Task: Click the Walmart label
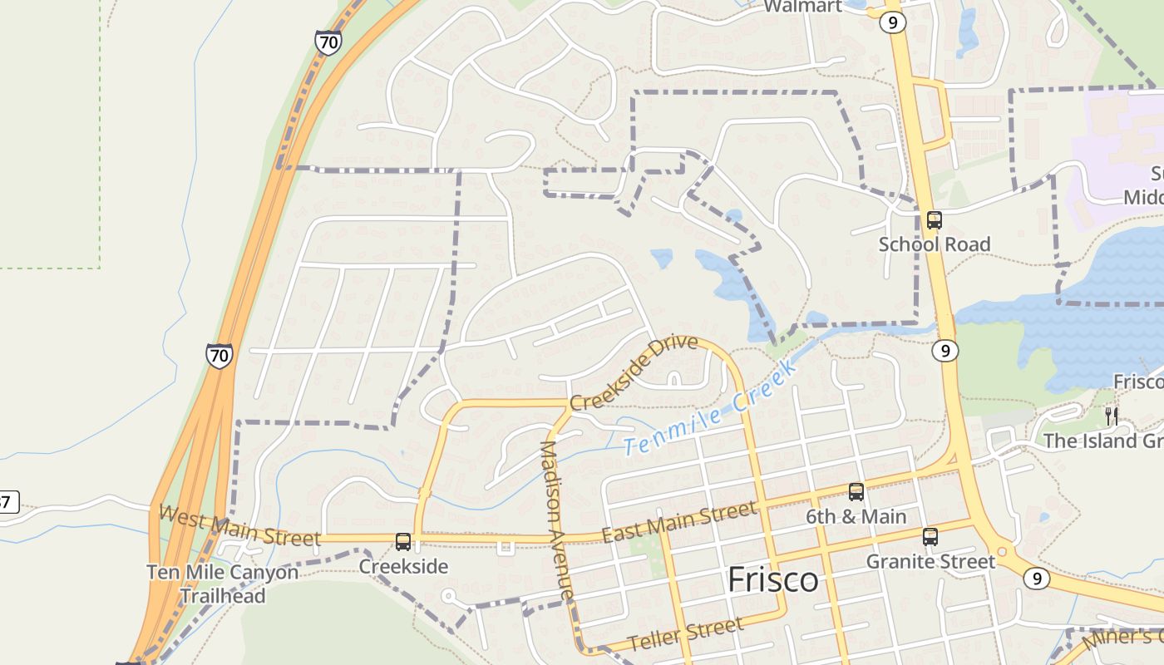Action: click(802, 7)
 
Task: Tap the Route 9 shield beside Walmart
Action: click(892, 22)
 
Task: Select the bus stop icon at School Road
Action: click(935, 220)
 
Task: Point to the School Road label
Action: click(935, 244)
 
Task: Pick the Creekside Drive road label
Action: click(634, 372)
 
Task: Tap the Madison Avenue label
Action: click(557, 520)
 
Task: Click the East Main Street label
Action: click(679, 521)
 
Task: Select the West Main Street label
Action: click(239, 525)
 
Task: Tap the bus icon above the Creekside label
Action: click(403, 542)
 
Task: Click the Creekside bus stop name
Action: click(403, 567)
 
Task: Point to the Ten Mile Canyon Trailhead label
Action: click(222, 584)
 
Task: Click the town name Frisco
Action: click(772, 580)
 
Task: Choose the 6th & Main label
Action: click(856, 517)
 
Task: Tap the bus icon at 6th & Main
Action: click(856, 491)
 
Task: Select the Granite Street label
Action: click(930, 562)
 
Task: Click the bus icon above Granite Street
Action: click(930, 537)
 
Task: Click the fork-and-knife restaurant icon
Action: click(1111, 416)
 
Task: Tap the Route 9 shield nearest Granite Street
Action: click(1036, 578)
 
